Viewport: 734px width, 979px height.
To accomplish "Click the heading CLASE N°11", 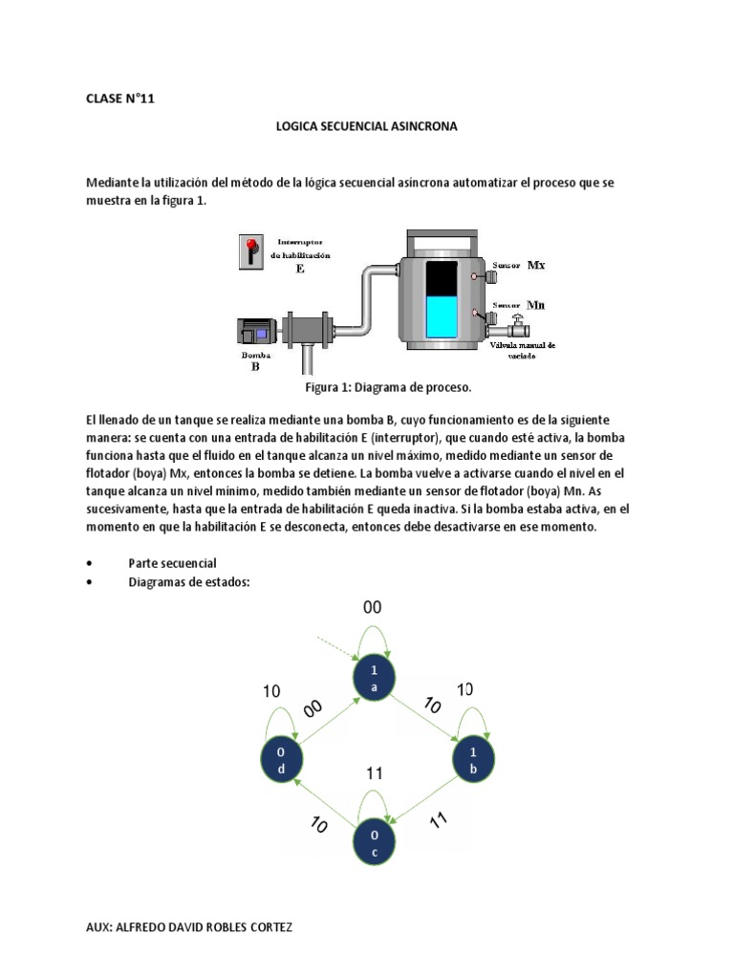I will [119, 98].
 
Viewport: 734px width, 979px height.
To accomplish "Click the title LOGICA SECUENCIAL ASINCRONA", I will [367, 126].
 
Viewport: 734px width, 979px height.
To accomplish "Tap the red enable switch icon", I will [250, 251].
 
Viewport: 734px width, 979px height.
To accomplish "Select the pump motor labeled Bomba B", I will [255, 331].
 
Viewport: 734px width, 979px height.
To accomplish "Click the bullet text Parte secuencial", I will [173, 563].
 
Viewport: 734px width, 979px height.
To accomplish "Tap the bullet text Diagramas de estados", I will [188, 582].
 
